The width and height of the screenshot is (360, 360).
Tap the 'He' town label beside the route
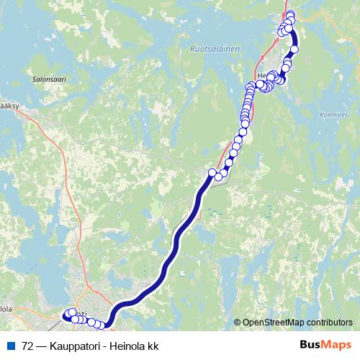point(261,75)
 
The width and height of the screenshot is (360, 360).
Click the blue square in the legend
point(10,345)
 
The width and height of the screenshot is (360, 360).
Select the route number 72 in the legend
point(28,345)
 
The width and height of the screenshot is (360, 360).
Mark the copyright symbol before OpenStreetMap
point(237,323)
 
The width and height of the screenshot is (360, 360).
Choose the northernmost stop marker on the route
point(290,14)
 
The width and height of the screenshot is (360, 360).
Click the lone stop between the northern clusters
point(294,49)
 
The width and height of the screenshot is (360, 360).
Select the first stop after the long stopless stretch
point(212,172)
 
